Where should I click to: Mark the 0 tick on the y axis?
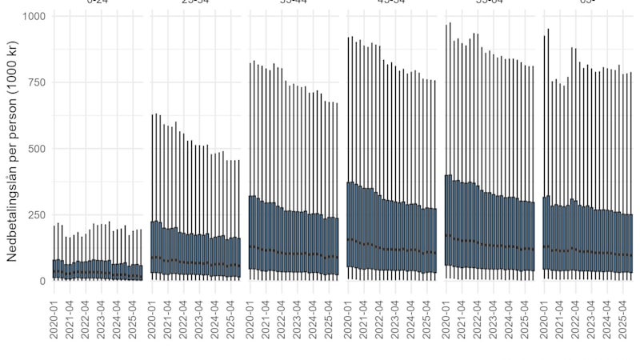[x=42, y=281]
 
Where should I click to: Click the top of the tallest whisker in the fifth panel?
[x=450, y=23]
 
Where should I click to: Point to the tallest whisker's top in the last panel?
[x=548, y=29]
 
